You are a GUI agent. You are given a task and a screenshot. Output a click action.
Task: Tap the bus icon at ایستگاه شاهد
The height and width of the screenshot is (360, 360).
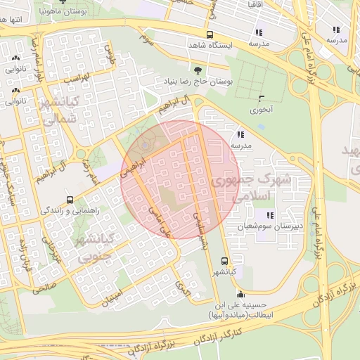click(210, 34)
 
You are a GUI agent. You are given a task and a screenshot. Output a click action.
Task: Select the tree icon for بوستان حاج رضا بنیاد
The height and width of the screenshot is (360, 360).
click(198, 70)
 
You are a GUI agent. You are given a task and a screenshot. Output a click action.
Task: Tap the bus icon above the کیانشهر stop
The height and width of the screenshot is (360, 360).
click(224, 260)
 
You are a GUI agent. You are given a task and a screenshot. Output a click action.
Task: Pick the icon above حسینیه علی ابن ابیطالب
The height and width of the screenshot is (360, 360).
click(241, 294)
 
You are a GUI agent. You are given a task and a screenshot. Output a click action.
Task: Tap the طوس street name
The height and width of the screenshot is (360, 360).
click(109, 51)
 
